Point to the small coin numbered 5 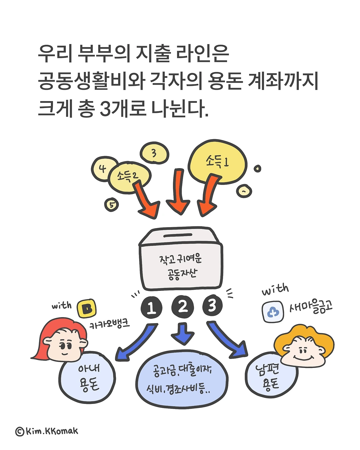coord(112,205)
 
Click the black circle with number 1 coord(151,307)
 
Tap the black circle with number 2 coord(183,307)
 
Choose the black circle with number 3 coord(212,305)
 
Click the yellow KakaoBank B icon coord(86,309)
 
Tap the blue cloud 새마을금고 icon coord(273,312)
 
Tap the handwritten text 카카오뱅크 coord(110,324)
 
